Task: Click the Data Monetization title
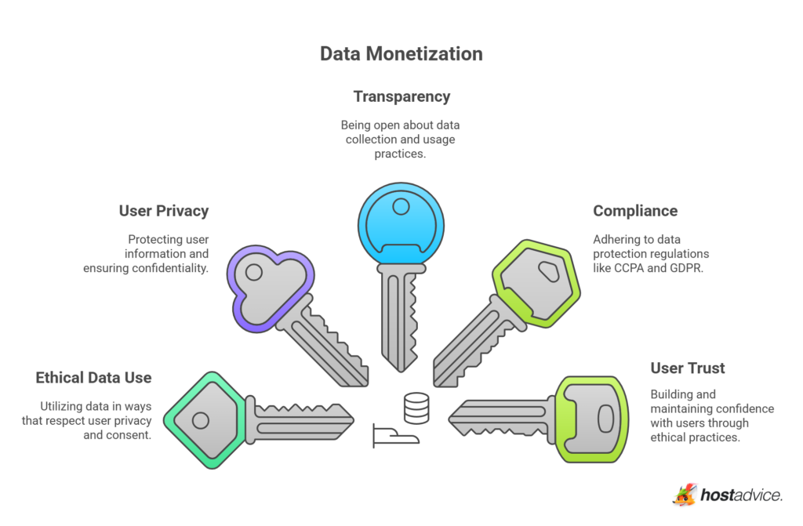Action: pos(401,54)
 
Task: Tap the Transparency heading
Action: pos(401,96)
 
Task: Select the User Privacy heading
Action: pos(164,211)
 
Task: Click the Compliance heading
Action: pos(635,211)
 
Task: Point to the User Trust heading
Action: pos(688,368)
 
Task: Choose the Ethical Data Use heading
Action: pos(93,378)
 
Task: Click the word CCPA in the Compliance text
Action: pos(642,269)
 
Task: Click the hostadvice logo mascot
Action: pos(685,495)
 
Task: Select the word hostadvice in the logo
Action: pos(740,495)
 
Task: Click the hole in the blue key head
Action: pos(401,207)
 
